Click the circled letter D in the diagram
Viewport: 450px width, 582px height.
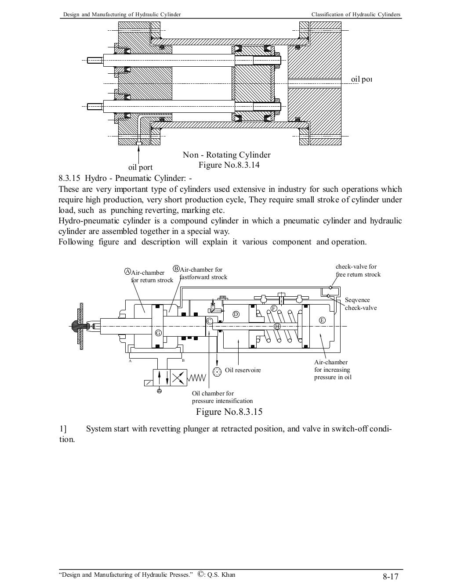coord(236,314)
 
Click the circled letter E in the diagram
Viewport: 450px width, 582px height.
coord(322,320)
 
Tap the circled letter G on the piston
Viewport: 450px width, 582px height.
coord(158,333)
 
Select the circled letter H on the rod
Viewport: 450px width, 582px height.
coord(277,326)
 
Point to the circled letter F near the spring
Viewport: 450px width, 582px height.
coord(274,308)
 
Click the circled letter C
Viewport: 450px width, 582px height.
coord(210,321)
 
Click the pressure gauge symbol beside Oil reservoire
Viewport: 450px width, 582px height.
coord(217,372)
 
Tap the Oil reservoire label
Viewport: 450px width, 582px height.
coord(243,370)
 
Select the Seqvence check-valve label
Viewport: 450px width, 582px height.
coord(360,304)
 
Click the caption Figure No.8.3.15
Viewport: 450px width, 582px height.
coord(229,412)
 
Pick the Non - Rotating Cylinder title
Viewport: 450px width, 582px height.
coord(226,155)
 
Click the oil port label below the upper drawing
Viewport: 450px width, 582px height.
coord(140,167)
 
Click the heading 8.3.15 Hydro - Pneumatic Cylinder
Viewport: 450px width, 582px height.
coord(125,179)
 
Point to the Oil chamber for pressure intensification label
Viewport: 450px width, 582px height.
coord(222,397)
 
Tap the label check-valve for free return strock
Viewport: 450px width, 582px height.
coord(358,270)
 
